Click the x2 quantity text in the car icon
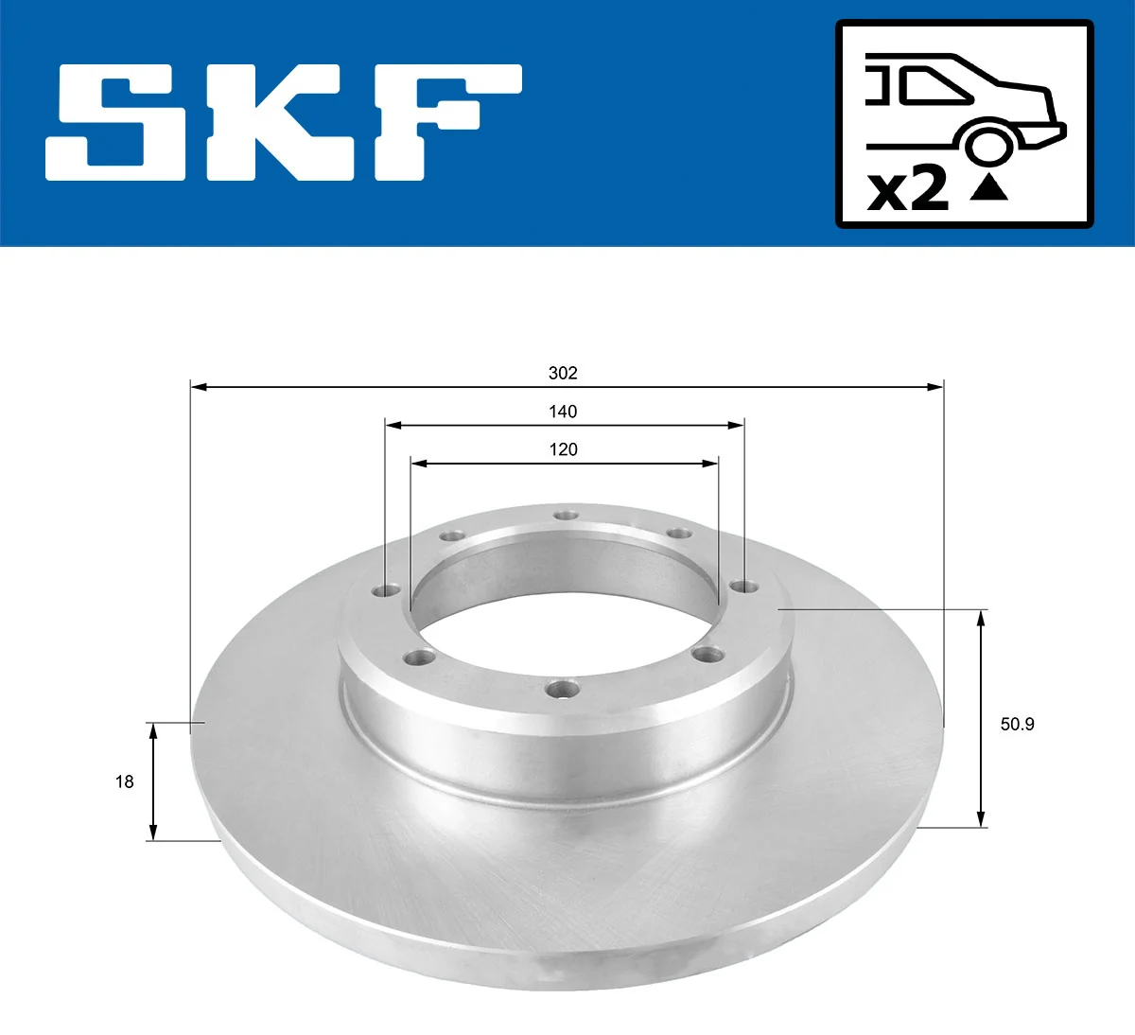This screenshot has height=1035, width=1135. pos(907,189)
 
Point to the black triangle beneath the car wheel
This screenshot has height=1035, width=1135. pos(989,188)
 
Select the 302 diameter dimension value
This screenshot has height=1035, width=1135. pos(563,373)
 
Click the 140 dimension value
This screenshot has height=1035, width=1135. pos(563,412)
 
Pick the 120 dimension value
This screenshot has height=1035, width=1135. pos(563,449)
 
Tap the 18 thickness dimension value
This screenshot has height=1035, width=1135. pos(124,781)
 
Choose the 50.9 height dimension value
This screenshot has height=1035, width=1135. pos(1017,725)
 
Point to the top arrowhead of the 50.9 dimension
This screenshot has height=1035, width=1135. pos(982,618)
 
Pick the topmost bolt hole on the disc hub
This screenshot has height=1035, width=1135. pos(566,515)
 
